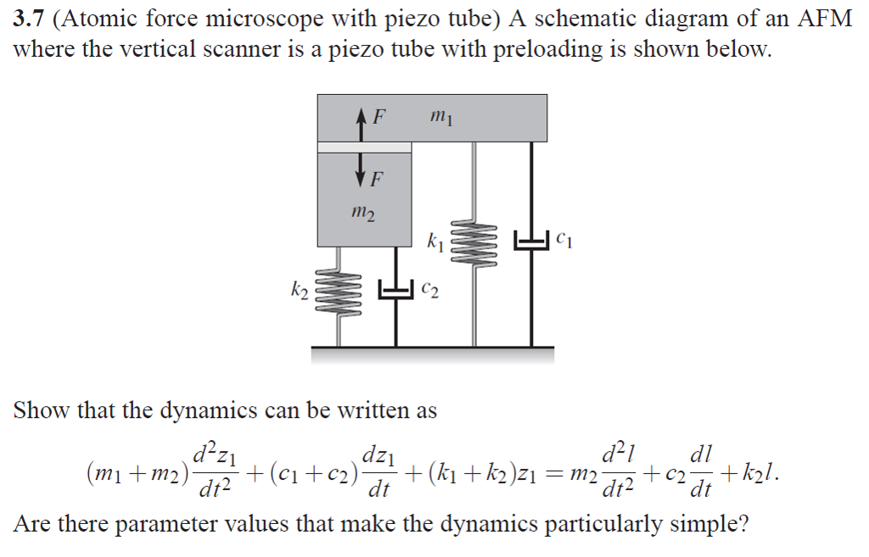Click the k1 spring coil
coord(473,243)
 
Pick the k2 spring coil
coord(338,292)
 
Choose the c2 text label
coord(429,291)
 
